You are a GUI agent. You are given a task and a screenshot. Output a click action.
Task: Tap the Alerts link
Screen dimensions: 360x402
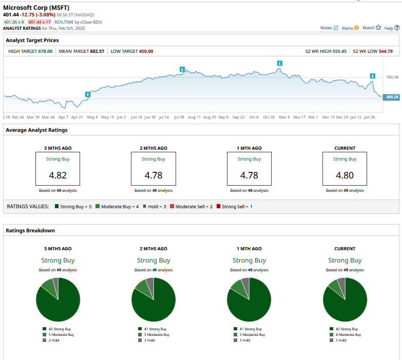(x=350, y=28)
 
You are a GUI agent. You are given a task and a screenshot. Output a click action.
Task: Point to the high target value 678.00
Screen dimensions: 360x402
(x=45, y=51)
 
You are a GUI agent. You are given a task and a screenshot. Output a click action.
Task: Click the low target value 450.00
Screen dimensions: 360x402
(x=146, y=51)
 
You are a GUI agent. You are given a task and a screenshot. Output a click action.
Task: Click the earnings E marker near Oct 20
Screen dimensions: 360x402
(x=279, y=64)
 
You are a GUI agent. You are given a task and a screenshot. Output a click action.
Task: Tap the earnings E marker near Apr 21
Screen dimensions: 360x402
(x=88, y=94)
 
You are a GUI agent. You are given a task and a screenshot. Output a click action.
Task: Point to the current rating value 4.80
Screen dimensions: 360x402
(x=344, y=175)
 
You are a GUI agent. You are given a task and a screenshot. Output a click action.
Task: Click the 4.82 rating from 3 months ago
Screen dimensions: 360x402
(x=58, y=175)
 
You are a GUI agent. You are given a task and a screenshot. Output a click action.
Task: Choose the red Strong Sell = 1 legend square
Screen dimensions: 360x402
(x=219, y=206)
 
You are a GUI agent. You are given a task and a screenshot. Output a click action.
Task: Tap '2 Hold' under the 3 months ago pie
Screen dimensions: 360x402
(x=54, y=340)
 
